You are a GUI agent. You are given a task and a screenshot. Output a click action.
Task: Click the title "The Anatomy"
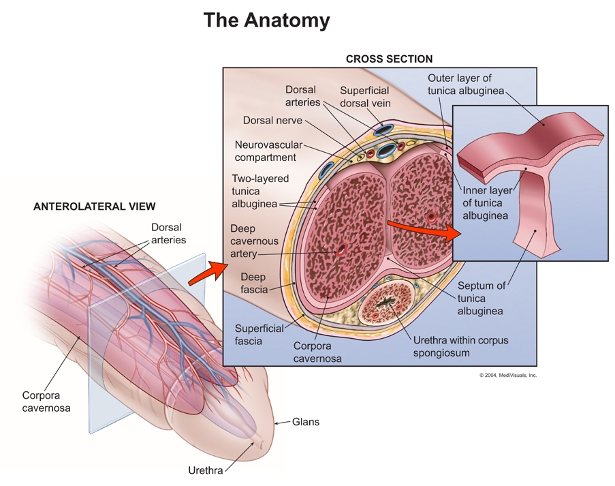point(266,20)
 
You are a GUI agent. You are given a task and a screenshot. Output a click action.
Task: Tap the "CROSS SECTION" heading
point(389,59)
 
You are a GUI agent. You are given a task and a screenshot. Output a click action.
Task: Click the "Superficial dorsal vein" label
point(364,96)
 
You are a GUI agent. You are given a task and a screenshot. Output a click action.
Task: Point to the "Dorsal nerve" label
point(272,121)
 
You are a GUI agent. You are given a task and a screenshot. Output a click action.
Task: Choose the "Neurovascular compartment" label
point(266,151)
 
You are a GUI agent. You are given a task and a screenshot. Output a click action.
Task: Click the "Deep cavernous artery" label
point(253,241)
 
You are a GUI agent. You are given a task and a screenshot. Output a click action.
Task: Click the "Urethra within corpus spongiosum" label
point(460,346)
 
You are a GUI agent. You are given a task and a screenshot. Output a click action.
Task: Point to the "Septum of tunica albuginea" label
point(480,299)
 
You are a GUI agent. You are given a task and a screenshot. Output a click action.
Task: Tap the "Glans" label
point(306,422)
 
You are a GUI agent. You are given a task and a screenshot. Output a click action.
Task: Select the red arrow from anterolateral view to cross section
point(206,271)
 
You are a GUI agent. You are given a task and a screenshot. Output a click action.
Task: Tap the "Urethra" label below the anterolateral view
point(205,470)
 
